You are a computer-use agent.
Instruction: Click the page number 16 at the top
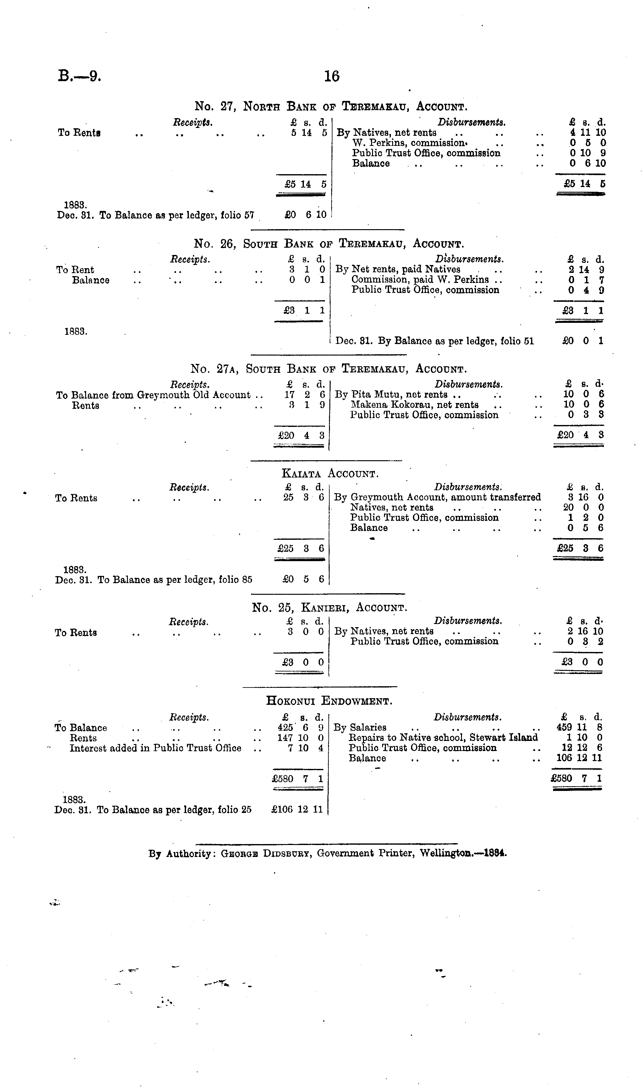pyautogui.click(x=332, y=77)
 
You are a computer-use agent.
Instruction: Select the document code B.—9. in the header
pyautogui.click(x=80, y=77)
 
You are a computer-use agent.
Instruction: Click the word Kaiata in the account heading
pyautogui.click(x=302, y=473)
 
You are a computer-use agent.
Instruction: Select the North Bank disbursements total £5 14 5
pyautogui.click(x=584, y=184)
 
